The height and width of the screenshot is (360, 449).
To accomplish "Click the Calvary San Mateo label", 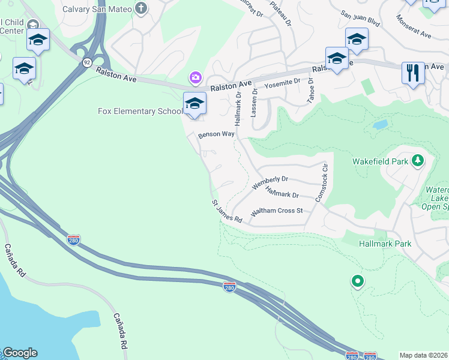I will [x=97, y=8].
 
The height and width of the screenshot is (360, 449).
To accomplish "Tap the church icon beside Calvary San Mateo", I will [x=140, y=8].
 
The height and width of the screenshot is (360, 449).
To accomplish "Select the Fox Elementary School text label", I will [x=140, y=111].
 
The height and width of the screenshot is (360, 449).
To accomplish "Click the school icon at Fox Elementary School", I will [x=195, y=104].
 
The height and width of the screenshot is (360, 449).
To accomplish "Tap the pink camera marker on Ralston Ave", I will [x=195, y=77].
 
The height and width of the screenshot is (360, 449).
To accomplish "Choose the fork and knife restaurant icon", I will [x=413, y=73].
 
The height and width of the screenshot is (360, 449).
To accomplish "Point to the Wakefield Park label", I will [x=380, y=161].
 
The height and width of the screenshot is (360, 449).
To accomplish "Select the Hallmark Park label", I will [x=385, y=244].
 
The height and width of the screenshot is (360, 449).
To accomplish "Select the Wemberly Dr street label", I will [x=270, y=182].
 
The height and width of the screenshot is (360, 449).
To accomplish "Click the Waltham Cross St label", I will [x=277, y=211].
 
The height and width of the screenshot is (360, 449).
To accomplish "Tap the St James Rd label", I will [x=226, y=212].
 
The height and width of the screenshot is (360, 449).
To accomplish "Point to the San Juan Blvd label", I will [x=360, y=18].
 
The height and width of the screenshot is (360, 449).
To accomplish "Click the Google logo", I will [x=20, y=353].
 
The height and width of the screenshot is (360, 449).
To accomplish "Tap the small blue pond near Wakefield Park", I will [x=379, y=125].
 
